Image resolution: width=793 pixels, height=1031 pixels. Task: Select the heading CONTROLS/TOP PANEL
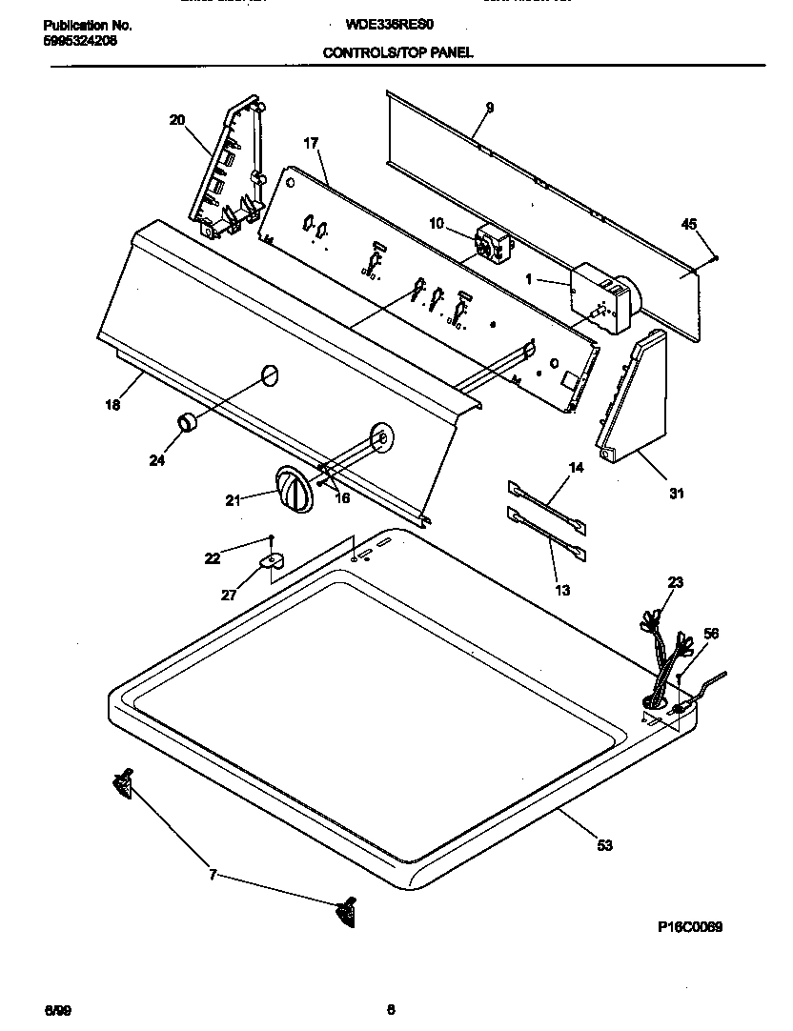[x=397, y=54]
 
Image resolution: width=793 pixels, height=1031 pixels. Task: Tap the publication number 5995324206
[x=81, y=41]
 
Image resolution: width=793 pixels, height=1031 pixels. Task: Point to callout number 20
[x=176, y=120]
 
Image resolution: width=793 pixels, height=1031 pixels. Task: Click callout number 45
[x=689, y=224]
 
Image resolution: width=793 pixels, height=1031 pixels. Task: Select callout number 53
[x=604, y=844]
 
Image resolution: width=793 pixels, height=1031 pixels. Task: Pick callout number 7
[x=212, y=873]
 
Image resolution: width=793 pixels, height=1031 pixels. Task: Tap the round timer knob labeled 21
[x=293, y=491]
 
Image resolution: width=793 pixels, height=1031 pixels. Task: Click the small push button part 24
[x=186, y=422]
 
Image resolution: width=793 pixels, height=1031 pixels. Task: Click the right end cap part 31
[x=634, y=400]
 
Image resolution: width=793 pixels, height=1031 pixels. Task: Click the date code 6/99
[x=56, y=1008]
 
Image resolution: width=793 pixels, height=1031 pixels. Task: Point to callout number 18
[x=112, y=405]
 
